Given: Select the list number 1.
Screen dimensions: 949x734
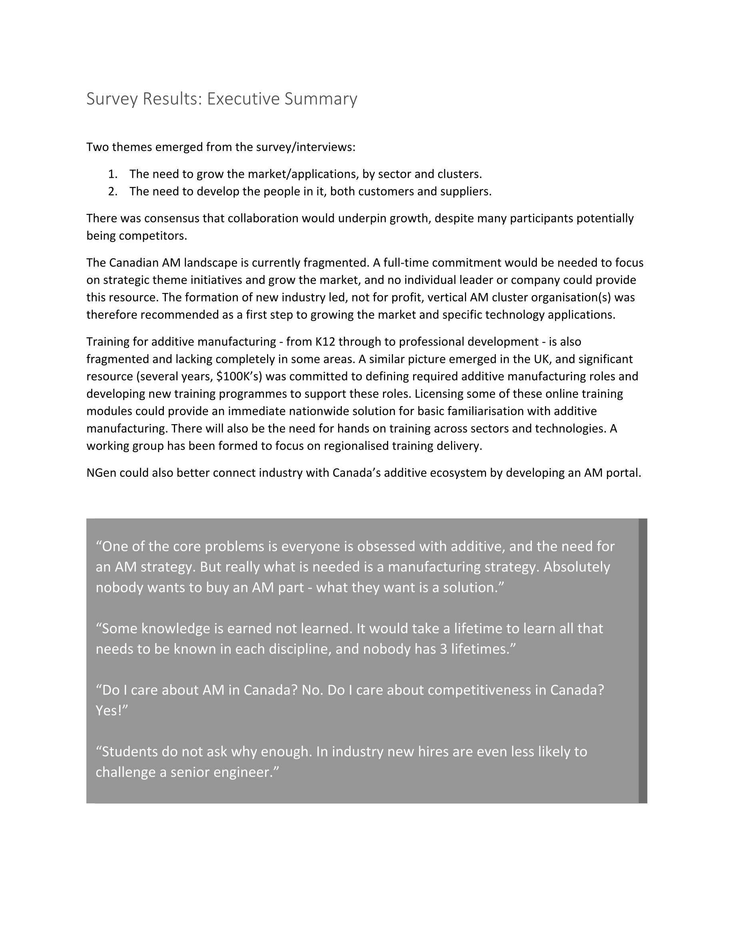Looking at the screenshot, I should click(x=113, y=174).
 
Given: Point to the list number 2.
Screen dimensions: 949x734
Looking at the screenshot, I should click(x=113, y=192).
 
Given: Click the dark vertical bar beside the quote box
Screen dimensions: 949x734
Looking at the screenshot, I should click(x=643, y=661).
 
